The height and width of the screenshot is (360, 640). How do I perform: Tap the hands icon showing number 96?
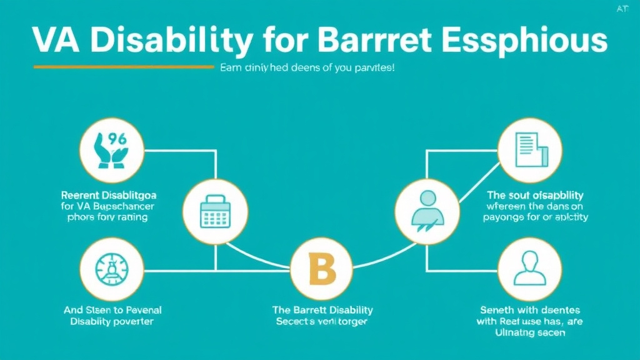pos(112,149)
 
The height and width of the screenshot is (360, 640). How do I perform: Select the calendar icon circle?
pos(214,211)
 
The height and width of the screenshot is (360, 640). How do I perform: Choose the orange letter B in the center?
pos(322,269)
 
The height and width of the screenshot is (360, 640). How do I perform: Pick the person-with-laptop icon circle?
pos(428,211)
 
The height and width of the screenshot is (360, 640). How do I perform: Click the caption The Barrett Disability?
pos(322,310)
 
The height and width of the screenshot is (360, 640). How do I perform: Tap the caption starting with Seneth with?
pos(530,310)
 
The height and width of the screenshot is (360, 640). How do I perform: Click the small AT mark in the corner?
pos(623,9)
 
